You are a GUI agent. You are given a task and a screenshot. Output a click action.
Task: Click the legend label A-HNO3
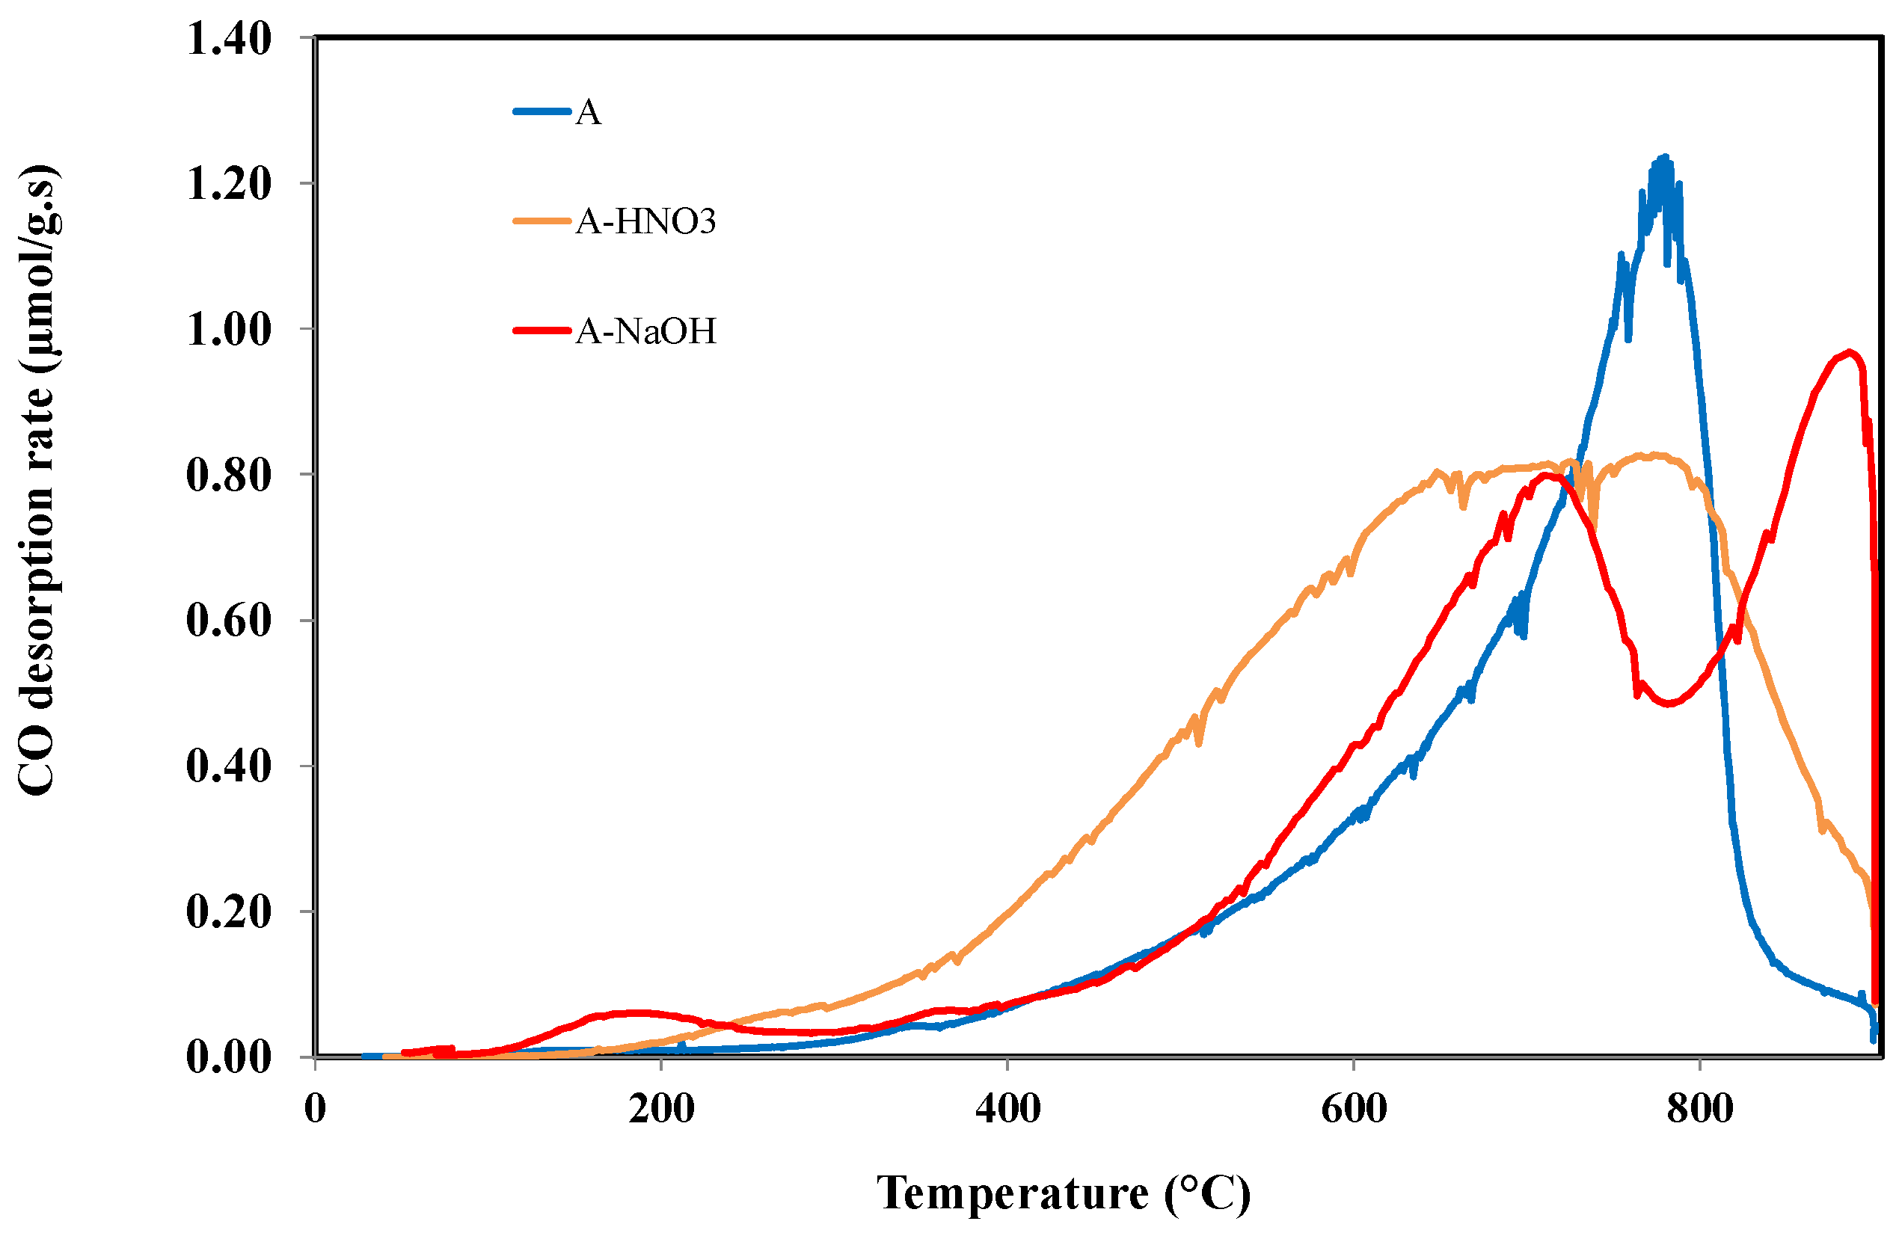pos(645,221)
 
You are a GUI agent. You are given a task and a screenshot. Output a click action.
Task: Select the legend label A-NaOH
pos(645,330)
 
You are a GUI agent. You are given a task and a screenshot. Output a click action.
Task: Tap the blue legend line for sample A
pos(542,111)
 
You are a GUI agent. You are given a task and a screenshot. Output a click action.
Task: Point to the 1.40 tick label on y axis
pos(229,38)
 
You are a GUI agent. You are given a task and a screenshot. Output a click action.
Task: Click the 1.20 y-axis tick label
pos(229,184)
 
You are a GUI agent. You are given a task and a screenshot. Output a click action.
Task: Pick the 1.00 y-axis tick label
pos(229,329)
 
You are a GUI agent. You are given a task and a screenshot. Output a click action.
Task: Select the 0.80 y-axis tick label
pos(229,475)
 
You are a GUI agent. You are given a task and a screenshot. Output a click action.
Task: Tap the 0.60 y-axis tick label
pos(229,620)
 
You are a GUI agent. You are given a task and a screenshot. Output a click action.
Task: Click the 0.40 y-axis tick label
pos(229,766)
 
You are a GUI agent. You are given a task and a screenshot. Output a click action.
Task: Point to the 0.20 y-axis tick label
pos(229,911)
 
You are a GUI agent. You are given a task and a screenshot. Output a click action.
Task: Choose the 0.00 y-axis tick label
pos(229,1057)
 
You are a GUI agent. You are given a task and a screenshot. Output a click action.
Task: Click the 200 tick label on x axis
pos(661,1108)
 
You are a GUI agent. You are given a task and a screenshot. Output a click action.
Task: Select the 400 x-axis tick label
pos(1007,1108)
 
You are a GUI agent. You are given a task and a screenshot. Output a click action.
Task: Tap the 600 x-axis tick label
pos(1354,1108)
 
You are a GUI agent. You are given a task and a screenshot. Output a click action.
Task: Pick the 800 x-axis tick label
pos(1700,1108)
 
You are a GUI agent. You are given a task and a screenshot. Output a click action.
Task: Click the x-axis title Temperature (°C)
pos(1064,1193)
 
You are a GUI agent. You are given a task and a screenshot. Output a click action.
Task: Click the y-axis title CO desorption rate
pos(37,479)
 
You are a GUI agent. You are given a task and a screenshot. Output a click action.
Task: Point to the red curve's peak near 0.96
pos(1847,352)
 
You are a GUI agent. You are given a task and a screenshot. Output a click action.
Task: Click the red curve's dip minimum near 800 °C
pos(1669,703)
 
